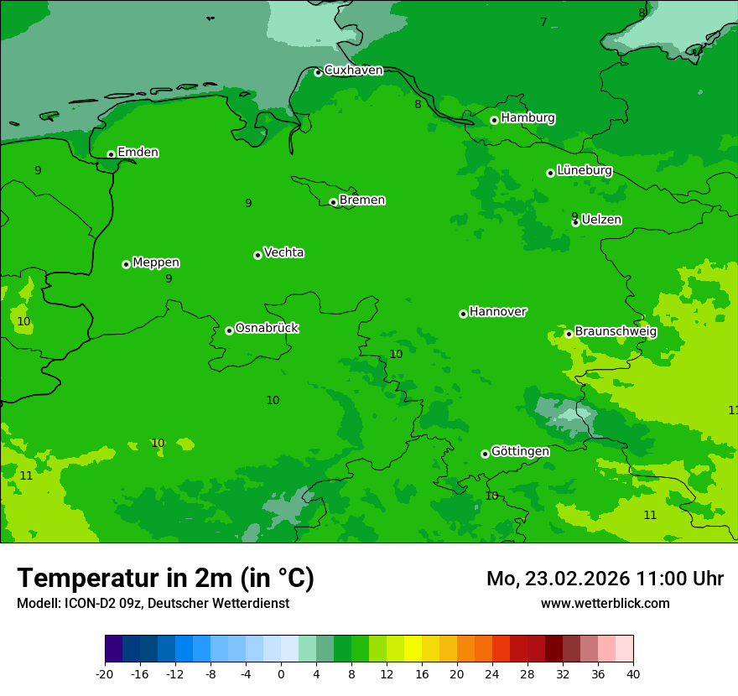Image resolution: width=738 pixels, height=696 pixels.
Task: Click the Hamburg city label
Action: point(528,118)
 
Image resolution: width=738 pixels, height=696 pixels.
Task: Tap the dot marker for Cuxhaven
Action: point(318,72)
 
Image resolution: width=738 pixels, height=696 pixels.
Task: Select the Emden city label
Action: point(138,153)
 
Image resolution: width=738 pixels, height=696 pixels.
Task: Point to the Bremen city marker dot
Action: point(333,202)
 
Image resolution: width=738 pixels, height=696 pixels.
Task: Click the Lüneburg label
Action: point(584,170)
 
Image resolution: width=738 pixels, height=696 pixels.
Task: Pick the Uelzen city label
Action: point(601,220)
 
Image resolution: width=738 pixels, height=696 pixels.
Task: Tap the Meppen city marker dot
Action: point(126,264)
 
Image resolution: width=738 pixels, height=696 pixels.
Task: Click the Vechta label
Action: point(283,252)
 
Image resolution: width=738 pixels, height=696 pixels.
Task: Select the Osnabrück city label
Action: point(267,328)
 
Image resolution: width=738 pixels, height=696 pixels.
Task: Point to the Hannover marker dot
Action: point(463,314)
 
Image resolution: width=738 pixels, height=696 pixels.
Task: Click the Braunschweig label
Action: point(616,331)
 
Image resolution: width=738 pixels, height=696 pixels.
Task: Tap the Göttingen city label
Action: point(520,451)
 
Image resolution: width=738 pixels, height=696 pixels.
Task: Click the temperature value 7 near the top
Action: point(543,22)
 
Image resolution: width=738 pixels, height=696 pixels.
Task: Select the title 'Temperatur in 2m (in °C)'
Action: point(165,579)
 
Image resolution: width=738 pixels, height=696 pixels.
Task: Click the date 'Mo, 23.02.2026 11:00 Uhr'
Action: point(605,579)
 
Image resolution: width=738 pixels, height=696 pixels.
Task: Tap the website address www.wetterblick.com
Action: point(605,603)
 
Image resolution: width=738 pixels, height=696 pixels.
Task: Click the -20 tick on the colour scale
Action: point(105,674)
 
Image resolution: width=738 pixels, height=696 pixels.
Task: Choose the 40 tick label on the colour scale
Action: point(632,674)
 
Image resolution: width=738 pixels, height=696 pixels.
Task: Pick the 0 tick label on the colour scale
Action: point(281,674)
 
